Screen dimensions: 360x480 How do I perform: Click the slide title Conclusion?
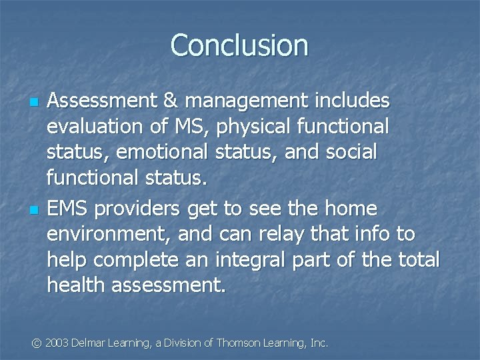point(239,45)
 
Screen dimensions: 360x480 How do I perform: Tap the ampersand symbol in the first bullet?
point(169,101)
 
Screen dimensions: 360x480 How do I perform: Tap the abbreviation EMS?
point(68,209)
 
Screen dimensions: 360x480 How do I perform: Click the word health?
point(76,285)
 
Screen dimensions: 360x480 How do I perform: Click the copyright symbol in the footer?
point(37,343)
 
